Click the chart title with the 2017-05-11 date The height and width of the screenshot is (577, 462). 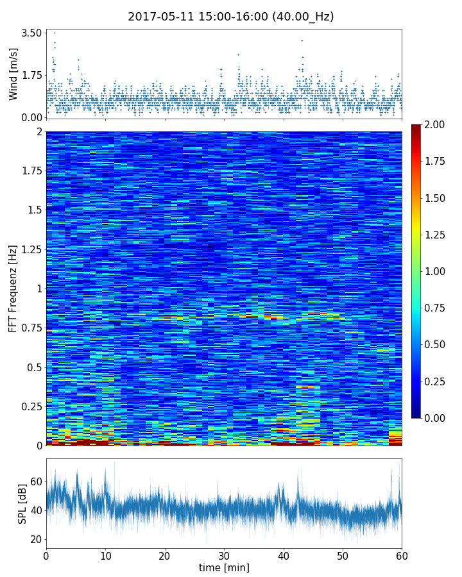pos(230,17)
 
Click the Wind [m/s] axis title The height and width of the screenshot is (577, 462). pos(13,74)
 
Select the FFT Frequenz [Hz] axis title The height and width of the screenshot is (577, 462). pos(13,288)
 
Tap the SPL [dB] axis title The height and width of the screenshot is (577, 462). pos(22,504)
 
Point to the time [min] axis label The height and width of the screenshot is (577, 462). pos(224,567)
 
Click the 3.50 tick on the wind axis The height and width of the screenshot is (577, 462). pos(31,33)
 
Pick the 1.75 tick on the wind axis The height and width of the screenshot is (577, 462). pos(31,75)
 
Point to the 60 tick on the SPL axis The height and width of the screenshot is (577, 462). pos(36,481)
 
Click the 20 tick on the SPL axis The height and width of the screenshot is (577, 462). pos(36,539)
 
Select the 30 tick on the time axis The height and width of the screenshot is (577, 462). pos(224,555)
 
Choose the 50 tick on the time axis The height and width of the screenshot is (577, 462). pos(343,555)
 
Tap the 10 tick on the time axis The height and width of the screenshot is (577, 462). pos(105,555)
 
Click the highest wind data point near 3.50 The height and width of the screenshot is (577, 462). pos(55,33)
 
